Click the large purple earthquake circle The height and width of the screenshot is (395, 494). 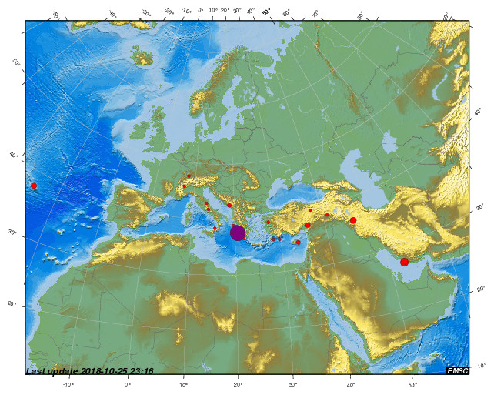coord(238,233)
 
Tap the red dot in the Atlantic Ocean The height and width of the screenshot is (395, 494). coord(34,186)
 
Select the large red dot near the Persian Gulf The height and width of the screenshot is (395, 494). coord(404,262)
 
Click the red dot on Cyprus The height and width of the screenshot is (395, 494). coord(298,243)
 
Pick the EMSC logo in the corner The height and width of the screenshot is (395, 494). coord(458,370)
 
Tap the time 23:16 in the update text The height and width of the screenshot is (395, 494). coord(141,371)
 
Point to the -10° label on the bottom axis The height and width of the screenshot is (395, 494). coord(68,383)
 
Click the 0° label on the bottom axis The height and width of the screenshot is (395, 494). coord(128,383)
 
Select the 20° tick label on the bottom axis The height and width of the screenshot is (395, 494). coord(239,383)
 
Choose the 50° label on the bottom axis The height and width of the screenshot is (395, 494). coord(412,383)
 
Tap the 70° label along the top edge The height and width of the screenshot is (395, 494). coord(315,13)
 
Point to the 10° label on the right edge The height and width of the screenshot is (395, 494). coord(482,365)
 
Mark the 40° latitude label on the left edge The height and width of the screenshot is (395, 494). coord(12,156)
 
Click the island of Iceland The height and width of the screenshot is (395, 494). coord(142,55)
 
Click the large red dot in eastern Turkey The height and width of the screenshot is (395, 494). coord(353,220)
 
